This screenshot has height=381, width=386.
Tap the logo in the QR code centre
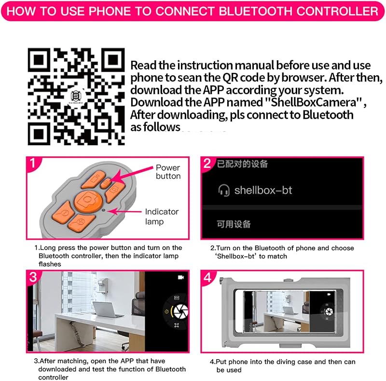pos(76,96)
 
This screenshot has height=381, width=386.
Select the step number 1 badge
pos(33,163)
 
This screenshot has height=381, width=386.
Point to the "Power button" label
pos(168,172)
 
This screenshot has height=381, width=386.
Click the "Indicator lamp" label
pos(162,217)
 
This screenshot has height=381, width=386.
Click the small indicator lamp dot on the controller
pos(104,210)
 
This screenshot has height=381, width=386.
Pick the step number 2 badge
pos(207,163)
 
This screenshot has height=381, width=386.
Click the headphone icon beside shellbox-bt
pos(224,190)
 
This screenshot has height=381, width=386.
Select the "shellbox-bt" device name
pos(263,190)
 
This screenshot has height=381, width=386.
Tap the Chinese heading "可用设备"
pos(234,224)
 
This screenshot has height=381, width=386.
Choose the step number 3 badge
pos(33,277)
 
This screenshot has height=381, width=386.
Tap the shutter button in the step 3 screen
pos(180,312)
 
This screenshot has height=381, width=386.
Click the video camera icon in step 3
pos(181,277)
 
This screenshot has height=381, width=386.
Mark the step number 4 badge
pos(207,278)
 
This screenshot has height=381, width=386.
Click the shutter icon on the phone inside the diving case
pos(329,312)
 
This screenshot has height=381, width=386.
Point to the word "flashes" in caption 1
pos(50,264)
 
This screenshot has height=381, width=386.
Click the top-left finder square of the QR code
pos(39,59)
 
